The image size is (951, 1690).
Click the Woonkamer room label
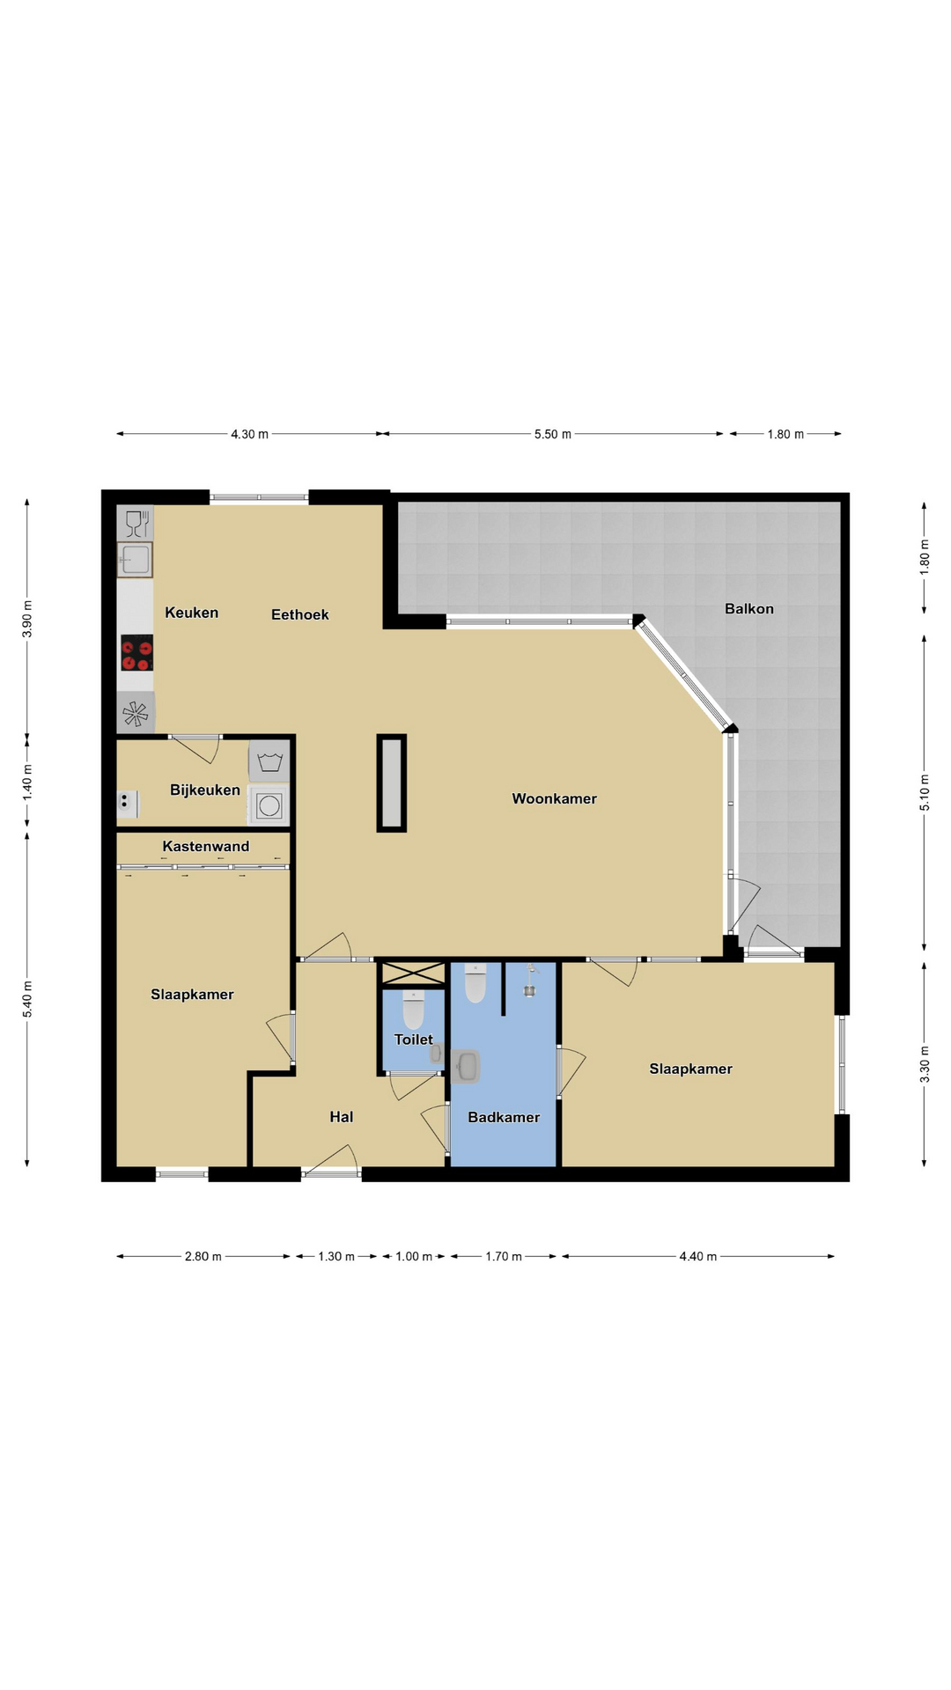pyautogui.click(x=554, y=798)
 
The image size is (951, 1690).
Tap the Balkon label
pyautogui.click(x=749, y=608)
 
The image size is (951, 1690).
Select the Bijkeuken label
pyautogui.click(x=205, y=790)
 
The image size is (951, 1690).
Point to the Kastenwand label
pyautogui.click(x=206, y=846)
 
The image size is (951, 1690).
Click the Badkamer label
pyautogui.click(x=504, y=1117)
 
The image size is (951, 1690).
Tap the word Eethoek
pyautogui.click(x=299, y=614)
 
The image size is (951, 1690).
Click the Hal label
pyautogui.click(x=342, y=1117)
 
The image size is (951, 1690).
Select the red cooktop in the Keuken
pyautogui.click(x=136, y=653)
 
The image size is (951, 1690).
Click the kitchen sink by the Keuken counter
pyautogui.click(x=136, y=559)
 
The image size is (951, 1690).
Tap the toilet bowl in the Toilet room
pyautogui.click(x=414, y=1009)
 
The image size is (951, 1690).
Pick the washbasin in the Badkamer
pyautogui.click(x=466, y=1066)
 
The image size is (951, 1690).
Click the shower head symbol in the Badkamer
pyautogui.click(x=530, y=981)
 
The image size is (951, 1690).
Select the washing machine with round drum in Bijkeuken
pyautogui.click(x=269, y=805)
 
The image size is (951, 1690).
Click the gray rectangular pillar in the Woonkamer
pyautogui.click(x=392, y=783)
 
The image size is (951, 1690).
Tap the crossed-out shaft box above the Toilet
pyautogui.click(x=413, y=973)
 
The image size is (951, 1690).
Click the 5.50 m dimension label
pyautogui.click(x=553, y=434)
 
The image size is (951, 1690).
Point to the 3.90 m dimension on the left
pyautogui.click(x=27, y=618)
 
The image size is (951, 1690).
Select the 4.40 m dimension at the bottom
pyautogui.click(x=698, y=1256)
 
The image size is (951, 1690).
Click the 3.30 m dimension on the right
pyautogui.click(x=925, y=1063)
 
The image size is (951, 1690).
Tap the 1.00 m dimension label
pyautogui.click(x=414, y=1256)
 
